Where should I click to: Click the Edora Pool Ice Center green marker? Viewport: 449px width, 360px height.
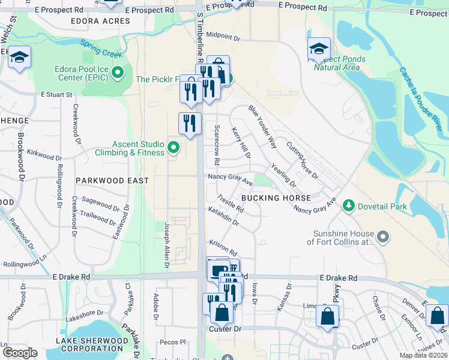click(x=118, y=74)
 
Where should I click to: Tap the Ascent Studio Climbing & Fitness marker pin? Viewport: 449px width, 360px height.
click(x=173, y=146)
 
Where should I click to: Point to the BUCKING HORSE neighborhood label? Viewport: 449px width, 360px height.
click(x=276, y=198)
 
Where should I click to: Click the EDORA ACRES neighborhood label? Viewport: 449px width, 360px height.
click(x=100, y=21)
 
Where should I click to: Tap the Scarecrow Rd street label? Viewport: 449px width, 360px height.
click(x=217, y=145)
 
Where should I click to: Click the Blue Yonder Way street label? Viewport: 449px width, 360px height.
click(x=262, y=127)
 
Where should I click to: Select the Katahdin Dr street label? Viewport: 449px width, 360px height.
click(x=223, y=217)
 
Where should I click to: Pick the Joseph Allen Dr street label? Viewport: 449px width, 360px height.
click(x=167, y=245)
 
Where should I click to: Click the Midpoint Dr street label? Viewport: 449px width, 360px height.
click(x=223, y=37)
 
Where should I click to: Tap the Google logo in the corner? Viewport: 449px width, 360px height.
click(x=20, y=352)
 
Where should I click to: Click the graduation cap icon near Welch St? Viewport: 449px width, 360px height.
click(x=19, y=58)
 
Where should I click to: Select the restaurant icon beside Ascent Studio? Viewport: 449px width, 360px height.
click(x=190, y=124)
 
